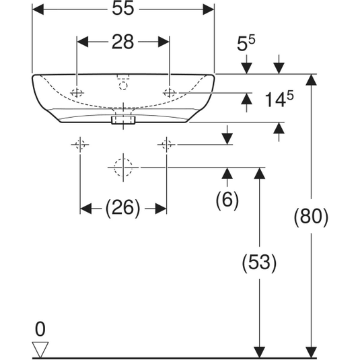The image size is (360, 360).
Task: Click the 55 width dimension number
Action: click(123, 9)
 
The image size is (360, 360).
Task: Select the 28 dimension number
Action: click(123, 42)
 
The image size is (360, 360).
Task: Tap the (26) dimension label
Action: click(122, 208)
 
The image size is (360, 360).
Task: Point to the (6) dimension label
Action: click(227, 200)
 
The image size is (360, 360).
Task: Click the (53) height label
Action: click(260, 262)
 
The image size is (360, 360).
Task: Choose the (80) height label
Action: click(312, 217)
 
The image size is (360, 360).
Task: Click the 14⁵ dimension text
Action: click(279, 99)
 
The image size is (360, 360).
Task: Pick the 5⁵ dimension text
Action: click(246, 43)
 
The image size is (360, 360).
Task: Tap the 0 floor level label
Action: click(40, 329)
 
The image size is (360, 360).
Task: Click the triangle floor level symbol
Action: click(40, 349)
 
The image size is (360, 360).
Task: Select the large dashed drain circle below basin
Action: click(123, 168)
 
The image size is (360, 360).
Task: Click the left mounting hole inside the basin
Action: click(77, 93)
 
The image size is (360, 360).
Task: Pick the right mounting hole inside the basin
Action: click(170, 93)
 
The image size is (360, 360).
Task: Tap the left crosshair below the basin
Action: click(80, 145)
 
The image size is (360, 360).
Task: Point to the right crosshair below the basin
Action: click(166, 145)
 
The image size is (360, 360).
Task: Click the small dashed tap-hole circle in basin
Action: click(123, 86)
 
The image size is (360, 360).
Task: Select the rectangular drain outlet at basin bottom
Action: click(123, 120)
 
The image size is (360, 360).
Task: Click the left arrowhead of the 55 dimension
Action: click(38, 9)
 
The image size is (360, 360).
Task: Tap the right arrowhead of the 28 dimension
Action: click(164, 42)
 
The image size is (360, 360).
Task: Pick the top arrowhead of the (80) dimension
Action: click(312, 79)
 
